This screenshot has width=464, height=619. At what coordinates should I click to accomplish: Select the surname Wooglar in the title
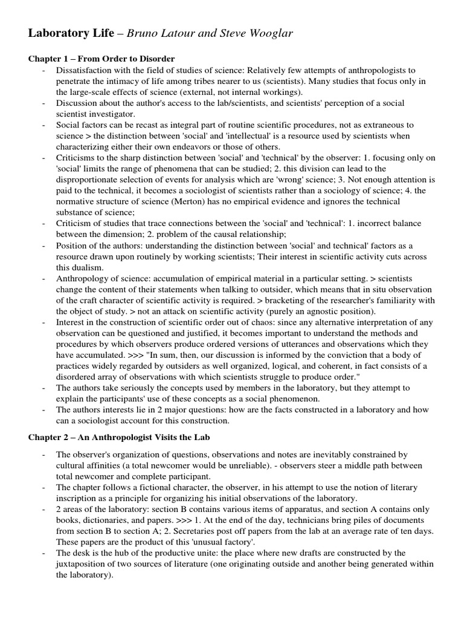point(269,33)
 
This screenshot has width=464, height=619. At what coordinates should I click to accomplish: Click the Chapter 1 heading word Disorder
point(155,59)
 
